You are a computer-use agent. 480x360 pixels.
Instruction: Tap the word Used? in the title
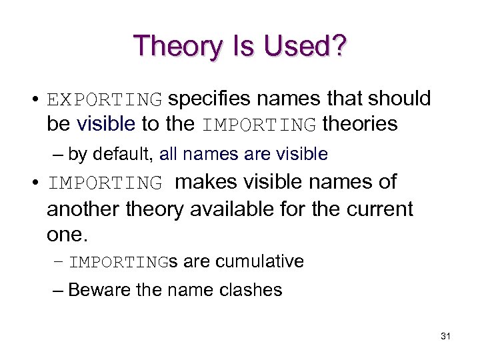[x=305, y=46]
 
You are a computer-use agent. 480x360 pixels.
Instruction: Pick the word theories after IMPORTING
[x=360, y=124]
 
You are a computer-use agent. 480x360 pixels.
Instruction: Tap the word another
[x=82, y=209]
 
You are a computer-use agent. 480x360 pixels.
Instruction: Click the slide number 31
[x=446, y=336]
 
